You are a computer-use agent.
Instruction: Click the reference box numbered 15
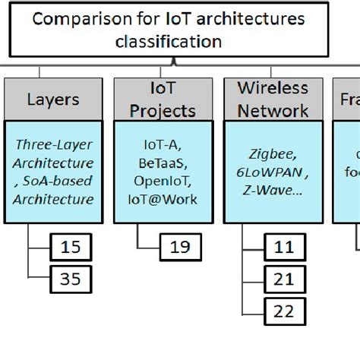71,247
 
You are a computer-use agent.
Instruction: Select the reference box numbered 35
71,279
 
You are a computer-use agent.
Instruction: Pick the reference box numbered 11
284,247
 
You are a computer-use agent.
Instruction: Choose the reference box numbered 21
284,279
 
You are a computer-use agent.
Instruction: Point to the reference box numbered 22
284,311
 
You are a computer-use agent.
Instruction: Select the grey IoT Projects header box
162,99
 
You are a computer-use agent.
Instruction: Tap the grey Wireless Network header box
273,99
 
